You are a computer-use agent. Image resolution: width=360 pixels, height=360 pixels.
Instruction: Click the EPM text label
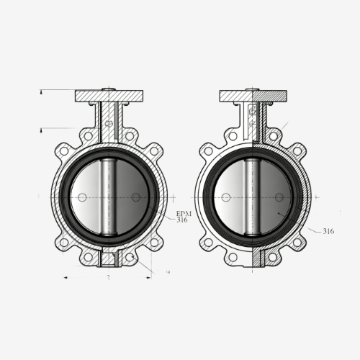tap(184, 214)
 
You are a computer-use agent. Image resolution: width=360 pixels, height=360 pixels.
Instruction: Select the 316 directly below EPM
tap(182, 220)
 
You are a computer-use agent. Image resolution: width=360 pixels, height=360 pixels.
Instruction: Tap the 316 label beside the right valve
tap(328, 231)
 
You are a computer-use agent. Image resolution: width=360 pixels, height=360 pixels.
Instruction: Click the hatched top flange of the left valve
tap(109, 96)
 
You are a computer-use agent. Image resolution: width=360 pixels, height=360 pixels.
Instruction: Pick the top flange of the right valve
tap(253, 96)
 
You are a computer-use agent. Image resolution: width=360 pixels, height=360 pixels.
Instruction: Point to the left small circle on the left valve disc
tap(82, 197)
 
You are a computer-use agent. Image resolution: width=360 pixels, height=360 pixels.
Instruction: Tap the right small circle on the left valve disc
tap(135, 197)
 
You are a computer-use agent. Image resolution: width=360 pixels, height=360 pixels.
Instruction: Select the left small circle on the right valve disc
tap(226, 197)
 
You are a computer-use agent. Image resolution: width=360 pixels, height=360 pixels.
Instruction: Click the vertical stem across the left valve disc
tap(109, 196)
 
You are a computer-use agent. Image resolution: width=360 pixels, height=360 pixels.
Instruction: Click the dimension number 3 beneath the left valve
tap(108, 276)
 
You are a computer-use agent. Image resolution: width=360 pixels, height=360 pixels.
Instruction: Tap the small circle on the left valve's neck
tap(109, 123)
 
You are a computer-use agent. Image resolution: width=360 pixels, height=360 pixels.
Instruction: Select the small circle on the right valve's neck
tap(252, 123)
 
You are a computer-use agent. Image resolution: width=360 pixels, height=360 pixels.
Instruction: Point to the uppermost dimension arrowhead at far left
tap(42, 91)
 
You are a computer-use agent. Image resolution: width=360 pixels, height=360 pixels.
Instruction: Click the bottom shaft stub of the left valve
tap(109, 258)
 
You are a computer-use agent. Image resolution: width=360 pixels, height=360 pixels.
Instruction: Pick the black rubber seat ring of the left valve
tap(63, 196)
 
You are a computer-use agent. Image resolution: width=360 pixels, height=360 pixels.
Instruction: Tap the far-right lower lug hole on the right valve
tap(297, 242)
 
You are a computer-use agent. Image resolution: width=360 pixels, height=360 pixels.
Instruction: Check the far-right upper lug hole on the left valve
tap(154, 151)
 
